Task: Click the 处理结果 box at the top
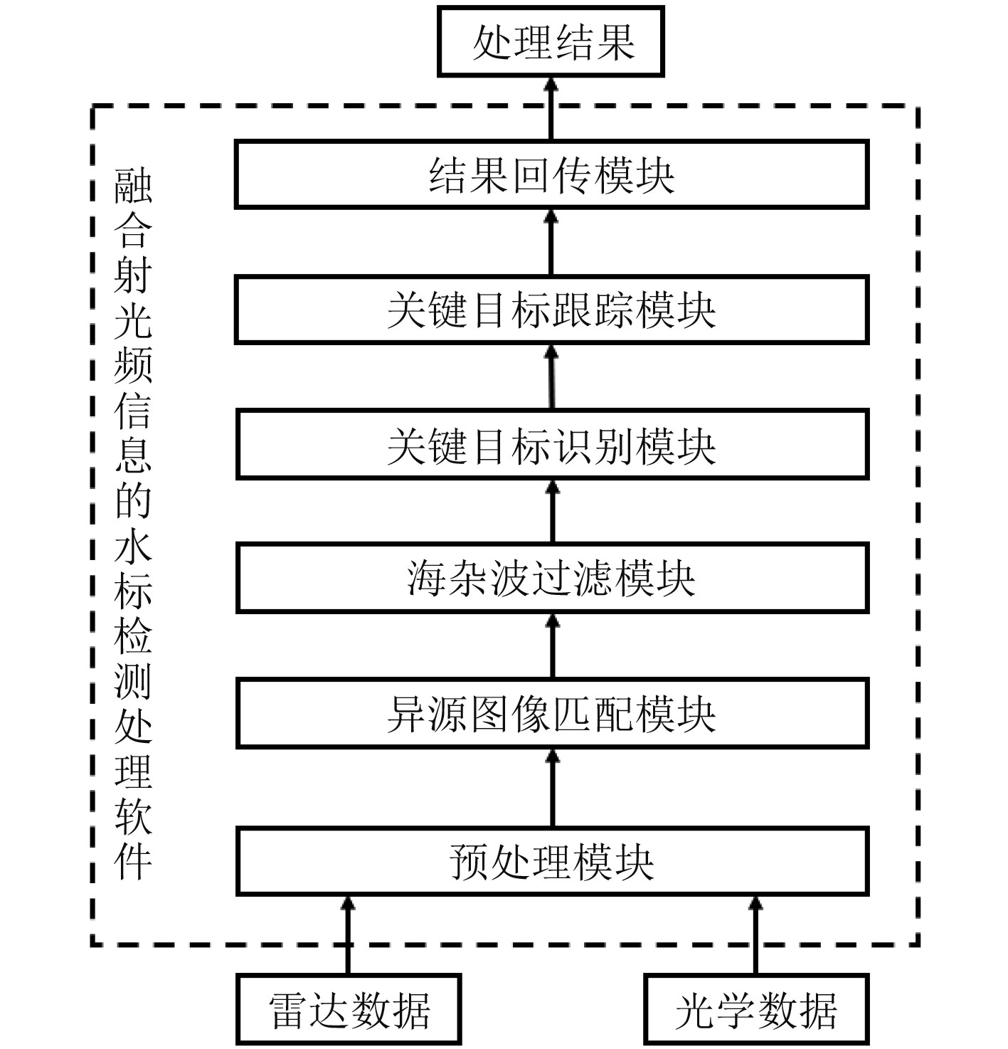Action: pos(551,42)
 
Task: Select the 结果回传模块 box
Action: pos(551,174)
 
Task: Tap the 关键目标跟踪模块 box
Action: pos(551,310)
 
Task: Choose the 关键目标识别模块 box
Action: pos(551,444)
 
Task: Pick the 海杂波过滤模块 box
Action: pos(551,578)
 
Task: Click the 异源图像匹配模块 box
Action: pos(551,713)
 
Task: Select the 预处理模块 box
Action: pos(551,861)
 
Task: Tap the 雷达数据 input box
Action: pos(349,1010)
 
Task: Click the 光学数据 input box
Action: pos(755,1010)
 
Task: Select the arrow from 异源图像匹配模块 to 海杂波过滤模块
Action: pos(552,645)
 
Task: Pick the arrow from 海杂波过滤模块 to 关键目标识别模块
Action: pos(552,511)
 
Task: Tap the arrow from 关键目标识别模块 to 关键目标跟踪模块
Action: pos(552,376)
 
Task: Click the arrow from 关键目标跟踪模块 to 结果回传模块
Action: pos(551,242)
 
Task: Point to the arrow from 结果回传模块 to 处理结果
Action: pos(551,108)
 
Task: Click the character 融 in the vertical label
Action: pos(133,186)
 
